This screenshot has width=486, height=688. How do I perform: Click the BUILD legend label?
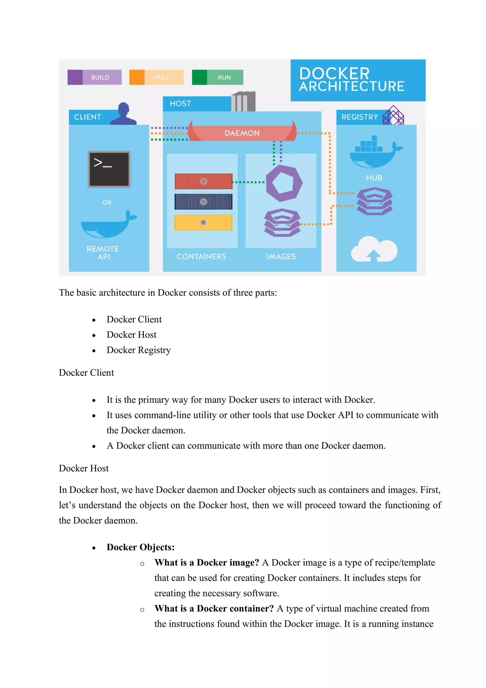coord(100,77)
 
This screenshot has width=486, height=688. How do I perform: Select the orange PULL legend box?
coord(156,77)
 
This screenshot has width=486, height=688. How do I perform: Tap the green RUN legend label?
coord(224,77)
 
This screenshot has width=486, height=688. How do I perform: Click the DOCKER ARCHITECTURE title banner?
coord(358,80)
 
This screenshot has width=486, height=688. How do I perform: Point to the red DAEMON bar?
coord(242,133)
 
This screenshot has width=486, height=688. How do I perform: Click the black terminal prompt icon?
coord(109,169)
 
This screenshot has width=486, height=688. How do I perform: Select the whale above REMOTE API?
coord(108,225)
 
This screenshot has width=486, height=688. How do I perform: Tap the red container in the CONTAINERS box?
coord(203,181)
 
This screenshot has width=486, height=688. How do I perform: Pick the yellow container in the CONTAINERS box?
coord(203,222)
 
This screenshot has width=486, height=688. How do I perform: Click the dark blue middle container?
coord(203,202)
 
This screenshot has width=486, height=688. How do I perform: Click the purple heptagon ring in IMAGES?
coord(284,183)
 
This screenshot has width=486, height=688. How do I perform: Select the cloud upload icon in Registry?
coord(374,249)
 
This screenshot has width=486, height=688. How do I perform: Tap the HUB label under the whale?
coord(374,178)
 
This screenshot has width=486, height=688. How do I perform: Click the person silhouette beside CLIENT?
coord(124,114)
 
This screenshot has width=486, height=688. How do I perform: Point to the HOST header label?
coord(180,104)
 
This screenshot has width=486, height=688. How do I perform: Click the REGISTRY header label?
coord(360,117)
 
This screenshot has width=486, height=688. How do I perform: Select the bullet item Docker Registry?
coord(138,350)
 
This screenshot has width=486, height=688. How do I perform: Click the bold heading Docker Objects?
coord(140,547)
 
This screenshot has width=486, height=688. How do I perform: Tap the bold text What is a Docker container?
coord(214,608)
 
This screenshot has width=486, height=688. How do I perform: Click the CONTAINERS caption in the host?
coord(201,256)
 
